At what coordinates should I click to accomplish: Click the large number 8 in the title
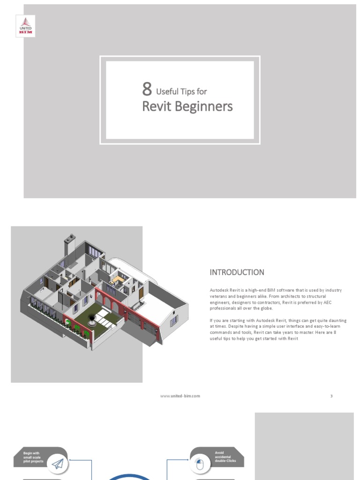147,89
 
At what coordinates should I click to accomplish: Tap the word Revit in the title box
157,107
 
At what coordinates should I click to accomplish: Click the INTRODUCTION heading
237,272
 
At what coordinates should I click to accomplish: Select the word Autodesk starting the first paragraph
219,291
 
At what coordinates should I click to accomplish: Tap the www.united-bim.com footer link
180,396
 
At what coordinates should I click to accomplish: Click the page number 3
331,396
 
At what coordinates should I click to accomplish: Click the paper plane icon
57,464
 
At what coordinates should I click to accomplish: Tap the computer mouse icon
200,465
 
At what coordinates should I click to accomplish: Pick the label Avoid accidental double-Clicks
225,457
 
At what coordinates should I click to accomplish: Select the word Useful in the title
167,91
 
